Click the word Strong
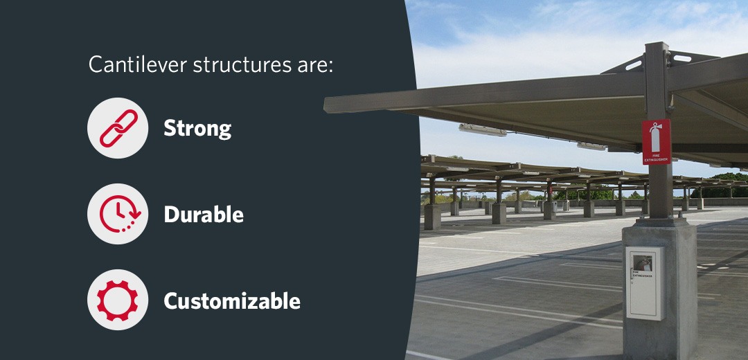pyautogui.click(x=197, y=128)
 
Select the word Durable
pyautogui.click(x=204, y=215)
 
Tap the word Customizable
pyautogui.click(x=232, y=301)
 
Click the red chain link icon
pyautogui.click(x=118, y=128)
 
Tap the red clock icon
pyautogui.click(x=118, y=214)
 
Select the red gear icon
pyautogui.click(x=118, y=300)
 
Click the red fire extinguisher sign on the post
pyautogui.click(x=656, y=142)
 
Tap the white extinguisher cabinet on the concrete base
pyautogui.click(x=645, y=283)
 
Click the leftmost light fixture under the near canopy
pyautogui.click(x=482, y=129)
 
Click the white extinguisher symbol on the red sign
pyautogui.click(x=656, y=134)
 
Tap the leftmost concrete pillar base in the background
pyautogui.click(x=432, y=217)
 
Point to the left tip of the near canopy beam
pyautogui.click(x=328, y=105)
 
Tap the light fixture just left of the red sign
pyautogui.click(x=592, y=146)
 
